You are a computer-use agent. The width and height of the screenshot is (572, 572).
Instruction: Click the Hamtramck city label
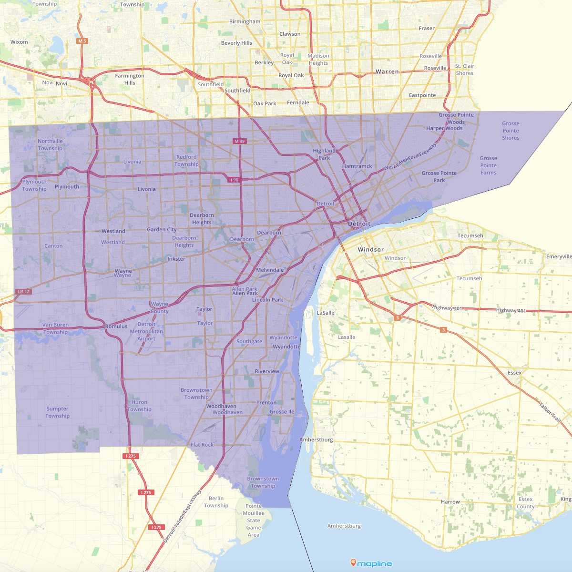357,166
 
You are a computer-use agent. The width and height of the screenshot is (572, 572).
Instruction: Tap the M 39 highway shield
239,141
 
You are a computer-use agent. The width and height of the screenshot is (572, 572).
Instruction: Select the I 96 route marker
234,180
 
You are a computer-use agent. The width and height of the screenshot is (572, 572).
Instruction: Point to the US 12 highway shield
23,291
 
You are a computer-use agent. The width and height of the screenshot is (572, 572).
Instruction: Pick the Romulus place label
116,327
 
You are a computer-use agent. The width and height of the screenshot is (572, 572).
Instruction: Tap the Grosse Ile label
282,412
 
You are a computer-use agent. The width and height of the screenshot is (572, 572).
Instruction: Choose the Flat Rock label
202,445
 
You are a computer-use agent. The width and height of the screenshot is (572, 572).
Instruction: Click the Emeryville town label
559,256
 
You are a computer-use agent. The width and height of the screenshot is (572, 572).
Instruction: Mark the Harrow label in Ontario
450,502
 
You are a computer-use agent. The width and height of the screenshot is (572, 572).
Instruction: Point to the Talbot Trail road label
550,412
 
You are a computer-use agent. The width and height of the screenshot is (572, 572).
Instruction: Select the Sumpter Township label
57,412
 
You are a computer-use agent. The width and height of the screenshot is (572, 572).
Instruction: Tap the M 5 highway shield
82,41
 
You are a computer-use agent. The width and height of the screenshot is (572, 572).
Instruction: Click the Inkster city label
176,259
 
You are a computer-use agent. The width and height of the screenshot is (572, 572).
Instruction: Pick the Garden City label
162,229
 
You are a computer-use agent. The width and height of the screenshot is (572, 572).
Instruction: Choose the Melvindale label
270,270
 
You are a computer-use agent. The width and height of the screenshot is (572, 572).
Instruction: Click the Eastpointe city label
422,95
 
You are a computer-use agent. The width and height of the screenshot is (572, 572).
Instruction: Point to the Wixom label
19,42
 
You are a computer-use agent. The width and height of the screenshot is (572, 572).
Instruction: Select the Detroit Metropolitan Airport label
146,331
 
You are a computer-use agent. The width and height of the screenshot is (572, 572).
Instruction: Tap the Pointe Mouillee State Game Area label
254,521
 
